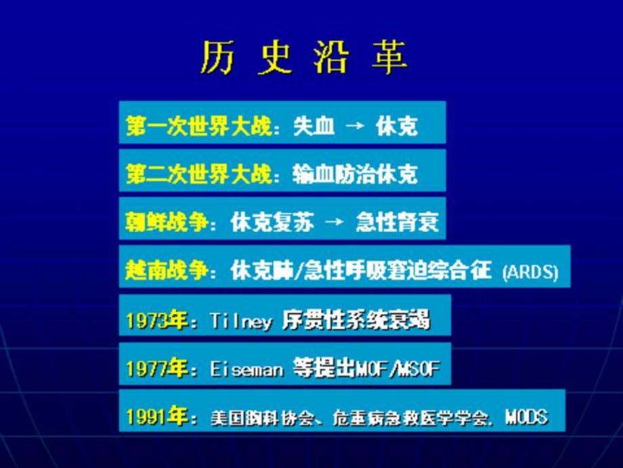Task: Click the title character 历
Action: (x=217, y=60)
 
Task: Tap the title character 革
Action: (x=389, y=60)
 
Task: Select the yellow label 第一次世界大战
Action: (x=198, y=126)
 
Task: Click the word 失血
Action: (x=314, y=126)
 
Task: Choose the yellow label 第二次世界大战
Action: (x=198, y=174)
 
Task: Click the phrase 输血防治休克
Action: (x=355, y=174)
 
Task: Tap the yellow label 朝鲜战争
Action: (x=166, y=222)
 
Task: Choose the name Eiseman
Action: (x=245, y=368)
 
